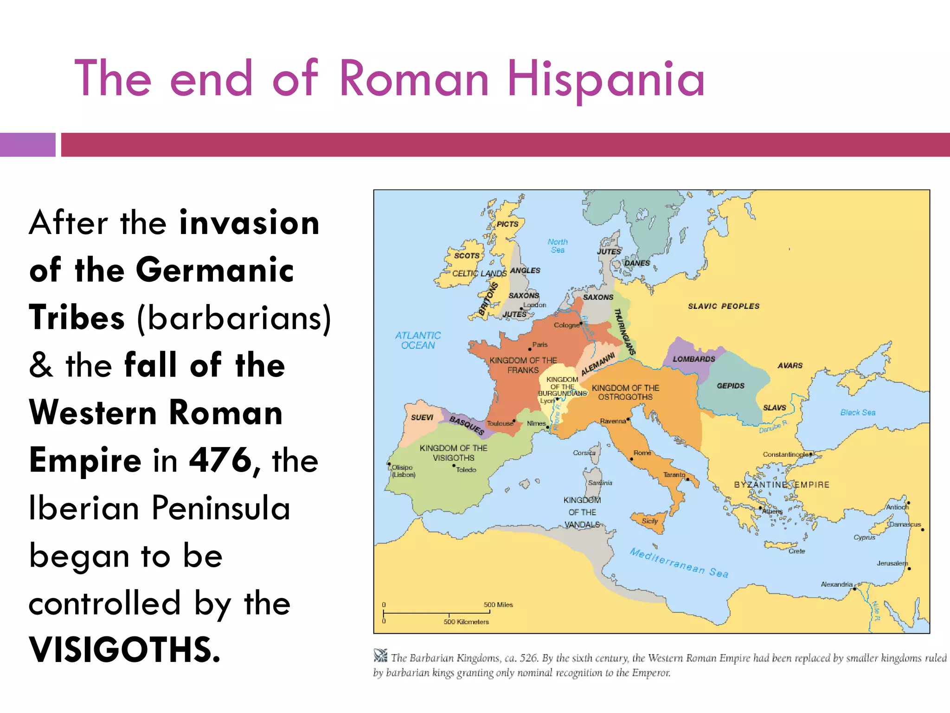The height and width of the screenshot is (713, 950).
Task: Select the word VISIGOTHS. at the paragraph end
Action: point(124,649)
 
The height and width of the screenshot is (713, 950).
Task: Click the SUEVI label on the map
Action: point(422,417)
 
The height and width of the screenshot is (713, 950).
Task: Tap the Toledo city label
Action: point(466,470)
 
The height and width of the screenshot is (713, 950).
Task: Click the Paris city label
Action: point(540,344)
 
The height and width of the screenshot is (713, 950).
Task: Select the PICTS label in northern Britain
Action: point(507,224)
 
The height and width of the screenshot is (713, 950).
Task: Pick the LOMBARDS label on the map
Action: point(694,359)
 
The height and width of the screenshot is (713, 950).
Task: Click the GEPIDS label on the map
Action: point(731,386)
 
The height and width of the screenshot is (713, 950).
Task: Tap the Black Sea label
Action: point(858,412)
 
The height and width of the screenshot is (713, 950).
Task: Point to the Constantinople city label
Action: point(785,454)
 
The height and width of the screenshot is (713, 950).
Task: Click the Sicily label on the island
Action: point(650,521)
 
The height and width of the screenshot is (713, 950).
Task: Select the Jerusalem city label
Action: point(892,563)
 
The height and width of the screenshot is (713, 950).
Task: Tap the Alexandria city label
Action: point(837,584)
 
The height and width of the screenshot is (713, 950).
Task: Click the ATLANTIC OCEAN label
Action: point(418,340)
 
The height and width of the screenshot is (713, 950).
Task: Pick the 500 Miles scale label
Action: point(498,604)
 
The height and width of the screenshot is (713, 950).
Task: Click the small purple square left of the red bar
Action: point(27,144)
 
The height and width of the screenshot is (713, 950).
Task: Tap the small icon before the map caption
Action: point(380,655)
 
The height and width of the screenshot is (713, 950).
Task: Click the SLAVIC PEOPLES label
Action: point(724,306)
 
